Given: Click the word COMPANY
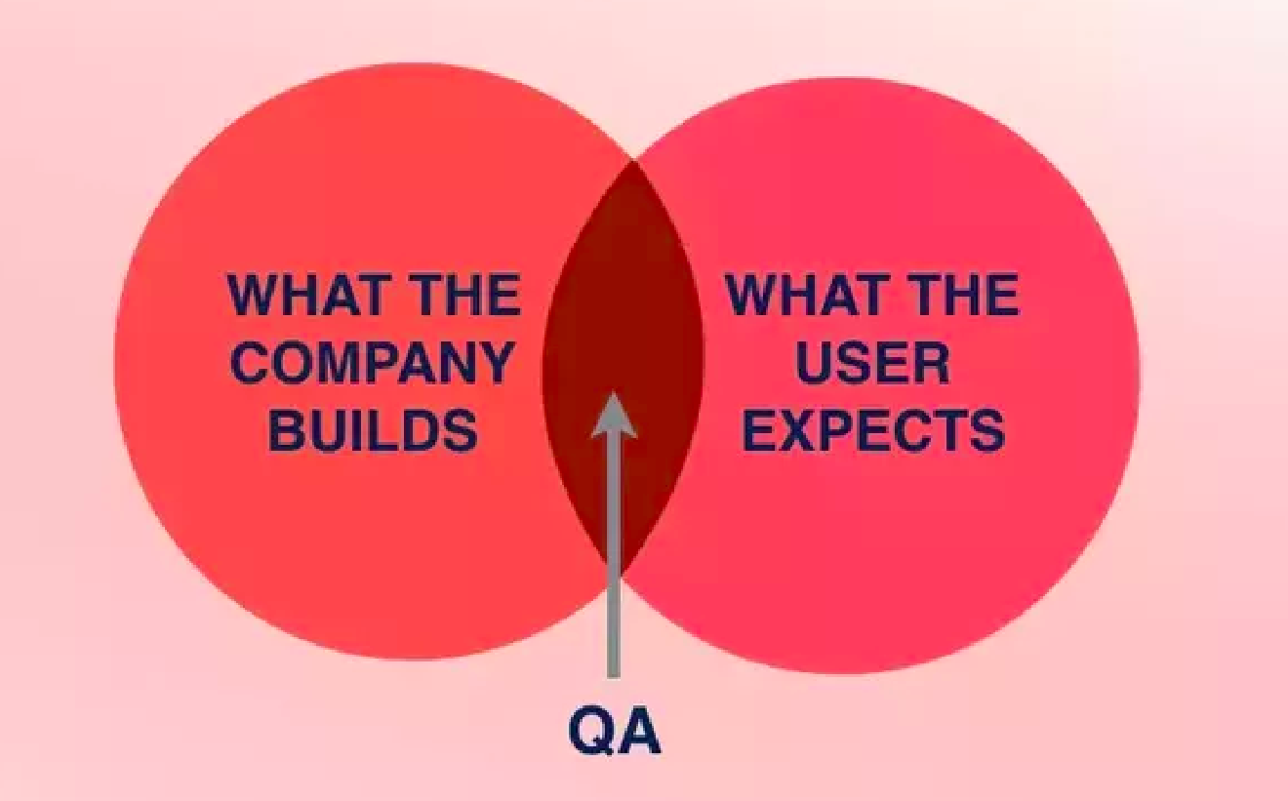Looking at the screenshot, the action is (375, 363).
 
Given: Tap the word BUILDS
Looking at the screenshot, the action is (374, 430).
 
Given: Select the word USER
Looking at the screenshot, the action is (872, 363).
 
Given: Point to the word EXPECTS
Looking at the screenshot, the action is (873, 430).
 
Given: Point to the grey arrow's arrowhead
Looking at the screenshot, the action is (614, 415).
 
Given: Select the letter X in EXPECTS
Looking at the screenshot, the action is (802, 430).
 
